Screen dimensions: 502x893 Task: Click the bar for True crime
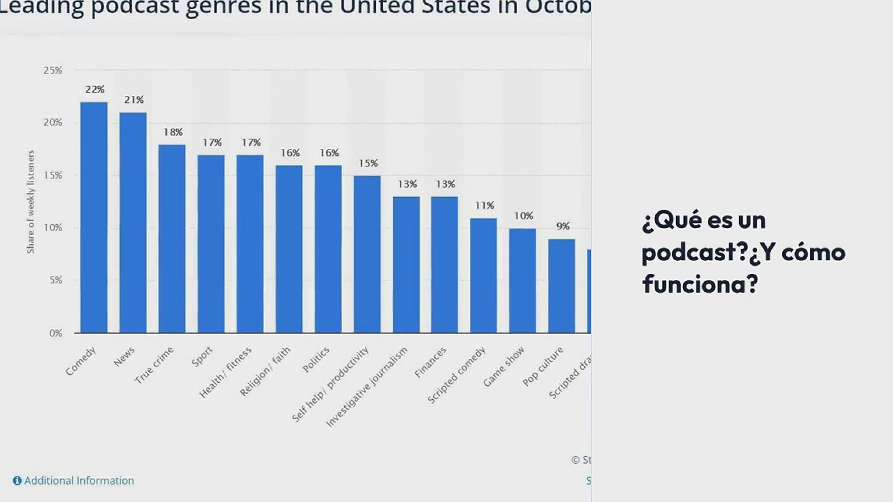click(x=172, y=239)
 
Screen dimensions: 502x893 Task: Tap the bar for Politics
click(x=328, y=249)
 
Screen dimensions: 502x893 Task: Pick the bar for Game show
click(x=522, y=281)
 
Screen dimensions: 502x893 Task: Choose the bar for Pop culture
click(x=561, y=286)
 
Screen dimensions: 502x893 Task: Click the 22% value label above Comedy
click(x=95, y=89)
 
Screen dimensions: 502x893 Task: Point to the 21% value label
click(x=134, y=100)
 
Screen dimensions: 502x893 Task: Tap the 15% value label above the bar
click(x=368, y=164)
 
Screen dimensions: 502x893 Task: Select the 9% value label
click(x=563, y=226)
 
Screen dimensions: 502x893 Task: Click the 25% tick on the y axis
click(x=53, y=71)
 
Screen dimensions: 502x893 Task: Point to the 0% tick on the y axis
click(x=56, y=333)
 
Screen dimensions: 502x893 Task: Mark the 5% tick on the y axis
click(x=56, y=280)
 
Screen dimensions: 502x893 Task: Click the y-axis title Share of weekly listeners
click(x=31, y=202)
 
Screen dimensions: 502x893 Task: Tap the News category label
click(x=124, y=357)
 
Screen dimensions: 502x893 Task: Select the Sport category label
click(x=202, y=357)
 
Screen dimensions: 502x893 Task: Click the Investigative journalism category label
click(x=367, y=387)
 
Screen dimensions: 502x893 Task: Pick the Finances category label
click(x=430, y=362)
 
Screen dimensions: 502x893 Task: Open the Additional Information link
click(x=79, y=481)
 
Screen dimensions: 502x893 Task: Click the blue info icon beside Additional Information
click(x=17, y=481)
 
